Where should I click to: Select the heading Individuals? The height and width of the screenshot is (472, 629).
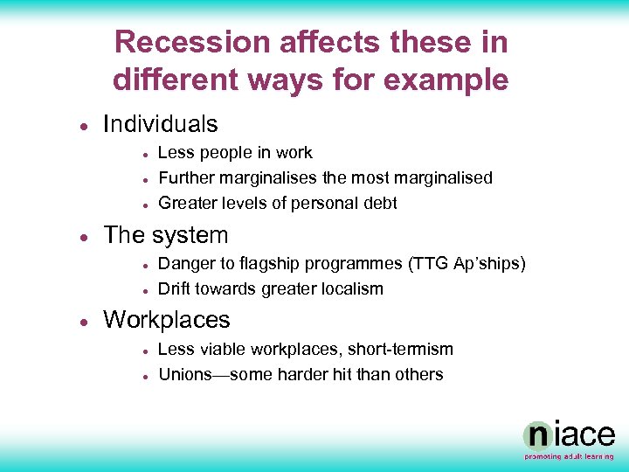[x=160, y=124]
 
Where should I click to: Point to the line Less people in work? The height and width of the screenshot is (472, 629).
[x=235, y=153]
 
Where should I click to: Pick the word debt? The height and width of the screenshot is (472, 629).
[x=379, y=204]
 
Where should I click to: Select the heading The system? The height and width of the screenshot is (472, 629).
[x=165, y=235]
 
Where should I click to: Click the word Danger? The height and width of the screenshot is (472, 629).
[x=188, y=264]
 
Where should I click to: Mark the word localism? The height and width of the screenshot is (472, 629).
[x=349, y=289]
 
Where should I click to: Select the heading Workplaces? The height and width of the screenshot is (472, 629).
[x=166, y=320]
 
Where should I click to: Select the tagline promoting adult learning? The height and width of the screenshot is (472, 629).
[x=569, y=456]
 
